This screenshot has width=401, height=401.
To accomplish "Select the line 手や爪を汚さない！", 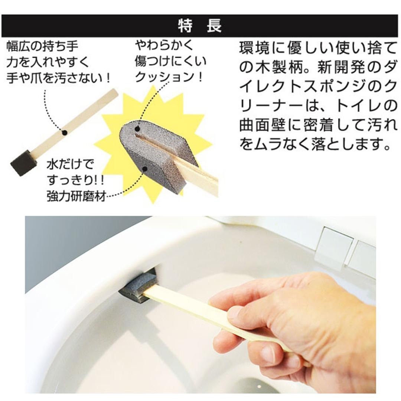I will point(59,78).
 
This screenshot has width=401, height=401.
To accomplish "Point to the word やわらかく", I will point(164,46).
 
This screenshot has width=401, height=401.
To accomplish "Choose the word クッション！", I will point(169,77).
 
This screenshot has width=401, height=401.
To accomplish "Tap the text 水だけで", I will point(71,164).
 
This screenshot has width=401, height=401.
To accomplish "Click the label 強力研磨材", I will point(76,196).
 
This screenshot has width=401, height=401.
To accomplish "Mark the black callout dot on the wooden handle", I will point(64,132).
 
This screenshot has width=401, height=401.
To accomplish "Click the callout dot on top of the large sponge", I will point(138,129).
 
